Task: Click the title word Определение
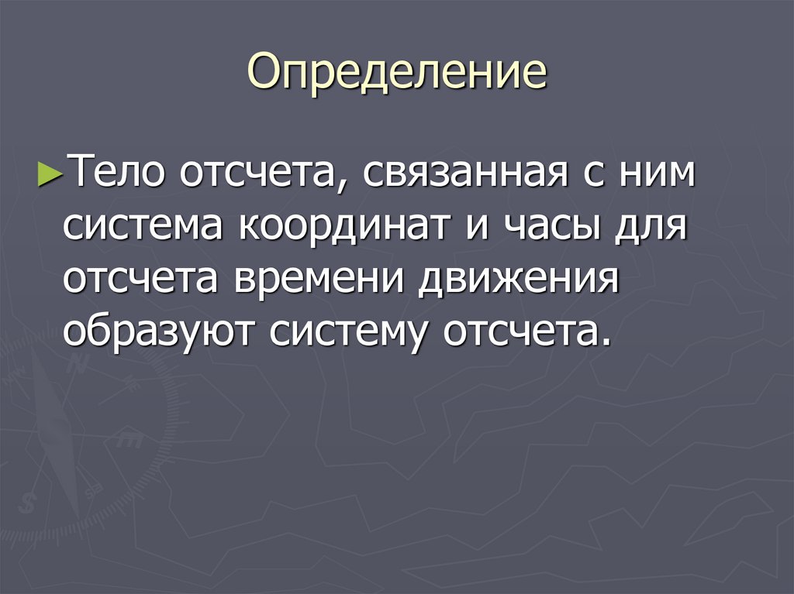pyautogui.click(x=397, y=74)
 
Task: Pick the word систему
pyautogui.click(x=352, y=333)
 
